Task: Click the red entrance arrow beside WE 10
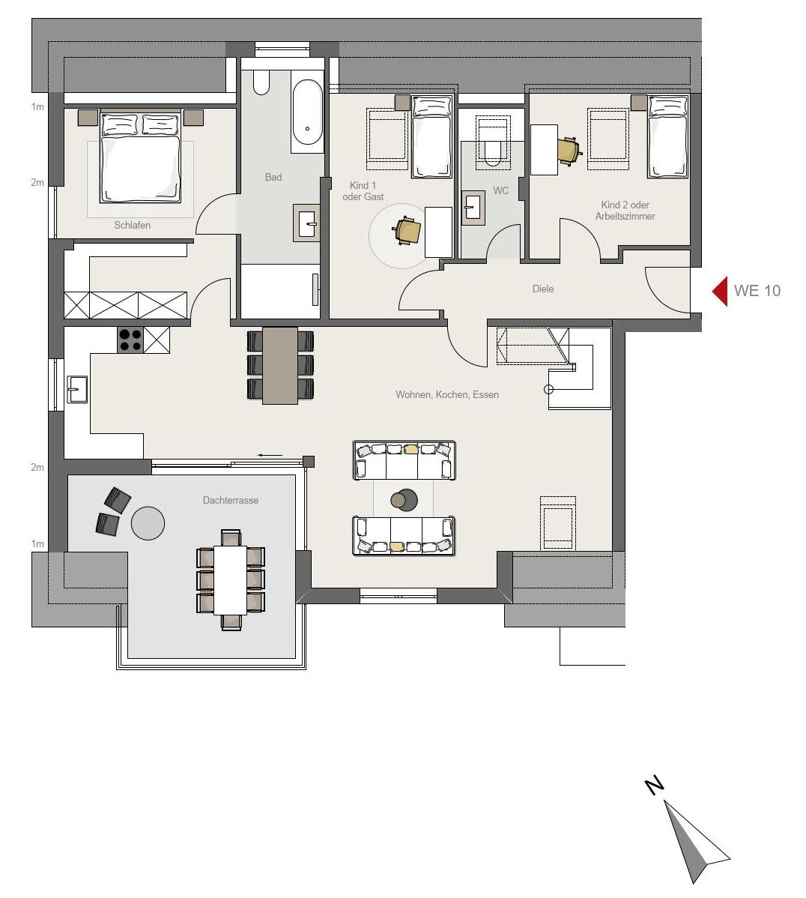click(x=720, y=291)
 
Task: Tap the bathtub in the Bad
click(x=307, y=112)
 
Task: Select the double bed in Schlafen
click(x=140, y=157)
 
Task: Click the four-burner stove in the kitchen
click(x=130, y=340)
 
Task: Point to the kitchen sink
click(x=77, y=390)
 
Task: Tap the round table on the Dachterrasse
click(x=148, y=523)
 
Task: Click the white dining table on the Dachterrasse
click(x=230, y=580)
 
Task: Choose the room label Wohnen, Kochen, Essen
click(x=447, y=394)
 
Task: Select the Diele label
click(x=543, y=289)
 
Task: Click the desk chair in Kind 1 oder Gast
click(x=408, y=231)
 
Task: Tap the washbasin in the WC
click(x=473, y=207)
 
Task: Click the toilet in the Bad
click(x=261, y=83)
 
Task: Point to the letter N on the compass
click(x=654, y=785)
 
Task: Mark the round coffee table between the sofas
click(x=404, y=500)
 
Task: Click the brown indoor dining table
click(x=280, y=365)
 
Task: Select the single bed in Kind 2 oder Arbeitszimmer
click(x=667, y=137)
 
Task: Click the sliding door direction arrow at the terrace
click(x=270, y=455)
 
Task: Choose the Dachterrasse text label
click(x=231, y=501)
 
